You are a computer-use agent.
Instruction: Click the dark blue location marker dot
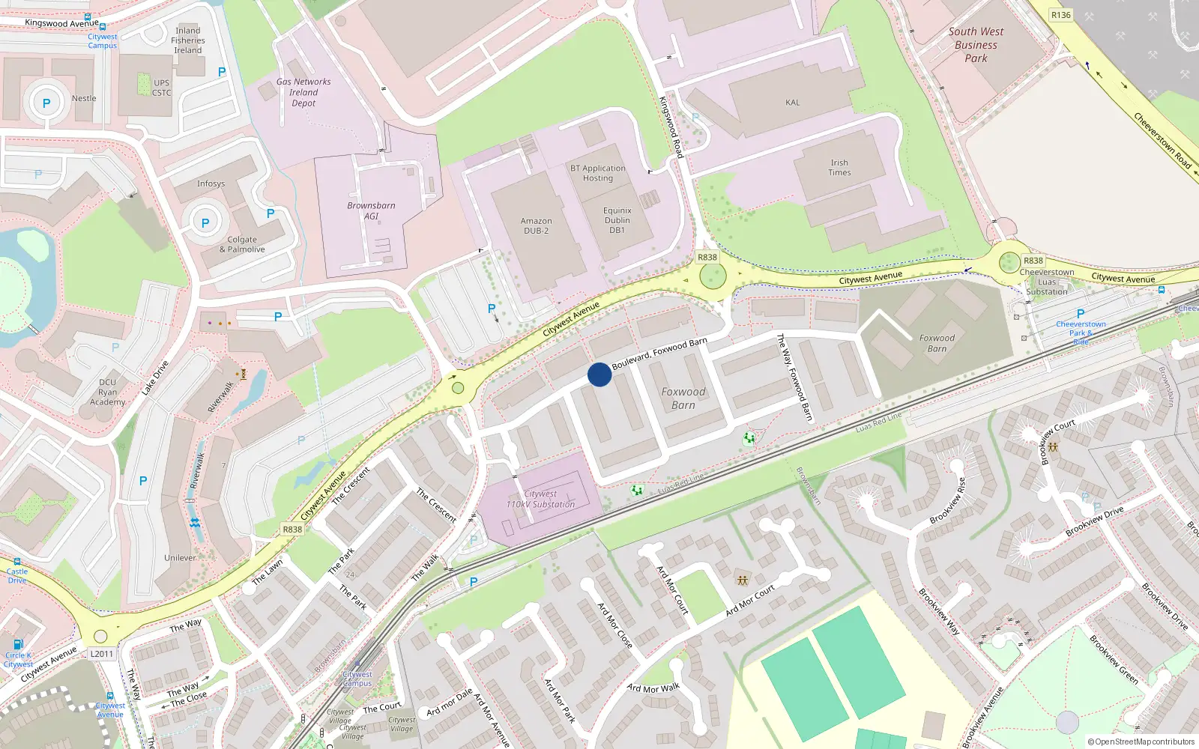[x=599, y=374]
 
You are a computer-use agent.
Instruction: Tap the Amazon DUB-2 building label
[x=536, y=225]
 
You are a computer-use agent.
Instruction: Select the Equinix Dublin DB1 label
[x=617, y=220]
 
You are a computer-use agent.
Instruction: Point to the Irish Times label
[x=839, y=168]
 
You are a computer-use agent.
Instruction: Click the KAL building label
[x=792, y=103]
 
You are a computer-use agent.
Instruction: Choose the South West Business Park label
[x=976, y=45]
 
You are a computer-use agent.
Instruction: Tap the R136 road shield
[x=1060, y=15]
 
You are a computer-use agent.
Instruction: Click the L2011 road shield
[x=102, y=654]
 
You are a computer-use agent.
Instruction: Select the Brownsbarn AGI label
[x=371, y=210]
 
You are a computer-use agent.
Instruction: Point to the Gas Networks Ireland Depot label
[x=303, y=92]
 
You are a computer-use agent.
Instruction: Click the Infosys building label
[x=211, y=184]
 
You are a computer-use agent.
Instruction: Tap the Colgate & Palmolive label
[x=242, y=245]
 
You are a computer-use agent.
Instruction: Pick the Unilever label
[x=180, y=558]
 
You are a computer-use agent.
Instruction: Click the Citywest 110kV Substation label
[x=540, y=499]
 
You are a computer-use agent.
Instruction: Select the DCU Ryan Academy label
[x=108, y=392]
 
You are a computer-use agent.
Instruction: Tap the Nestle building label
[x=84, y=98]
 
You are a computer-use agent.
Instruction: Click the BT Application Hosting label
[x=597, y=173]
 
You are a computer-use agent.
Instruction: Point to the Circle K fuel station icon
[x=19, y=643]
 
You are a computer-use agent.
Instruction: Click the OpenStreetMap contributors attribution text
[x=1141, y=742]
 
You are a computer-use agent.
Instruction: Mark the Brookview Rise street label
[x=947, y=500]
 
